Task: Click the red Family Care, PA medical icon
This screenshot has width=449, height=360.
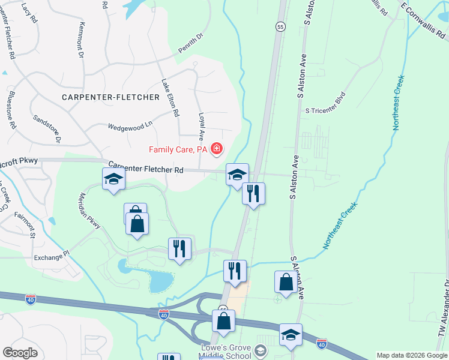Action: pos(216,148)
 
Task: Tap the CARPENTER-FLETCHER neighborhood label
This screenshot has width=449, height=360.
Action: pos(110,97)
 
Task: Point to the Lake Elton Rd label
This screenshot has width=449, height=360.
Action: pos(170,97)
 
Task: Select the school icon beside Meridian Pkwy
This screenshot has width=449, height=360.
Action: pos(113,178)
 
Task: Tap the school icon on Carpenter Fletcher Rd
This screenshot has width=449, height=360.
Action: pos(237,174)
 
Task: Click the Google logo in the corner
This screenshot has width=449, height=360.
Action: pos(20,352)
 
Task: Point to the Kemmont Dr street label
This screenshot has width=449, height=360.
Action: pos(81,41)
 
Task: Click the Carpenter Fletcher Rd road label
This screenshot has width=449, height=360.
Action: pos(146,169)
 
